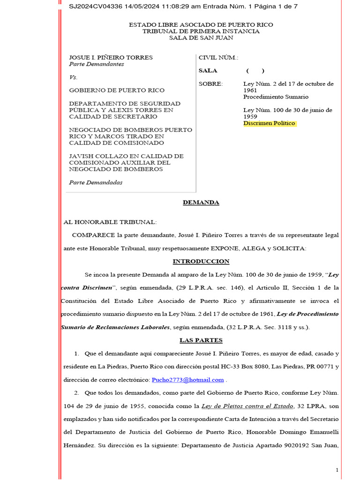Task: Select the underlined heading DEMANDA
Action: click(x=201, y=202)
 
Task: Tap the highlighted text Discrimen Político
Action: click(x=270, y=123)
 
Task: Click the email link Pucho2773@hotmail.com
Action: click(x=187, y=380)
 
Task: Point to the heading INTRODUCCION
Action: click(x=201, y=262)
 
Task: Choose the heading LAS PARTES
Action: click(x=201, y=340)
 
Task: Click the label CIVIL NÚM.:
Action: click(x=218, y=58)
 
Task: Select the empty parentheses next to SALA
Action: click(x=255, y=71)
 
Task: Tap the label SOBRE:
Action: click(x=211, y=84)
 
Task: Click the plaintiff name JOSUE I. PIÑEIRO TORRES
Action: click(x=111, y=58)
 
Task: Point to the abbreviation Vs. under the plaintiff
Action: click(x=73, y=77)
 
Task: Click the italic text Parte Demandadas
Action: click(x=96, y=182)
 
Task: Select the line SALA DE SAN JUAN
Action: click(x=201, y=37)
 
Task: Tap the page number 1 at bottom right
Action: click(x=337, y=470)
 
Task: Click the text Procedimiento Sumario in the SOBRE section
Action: click(x=276, y=97)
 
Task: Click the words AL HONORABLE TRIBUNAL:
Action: click(x=110, y=222)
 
